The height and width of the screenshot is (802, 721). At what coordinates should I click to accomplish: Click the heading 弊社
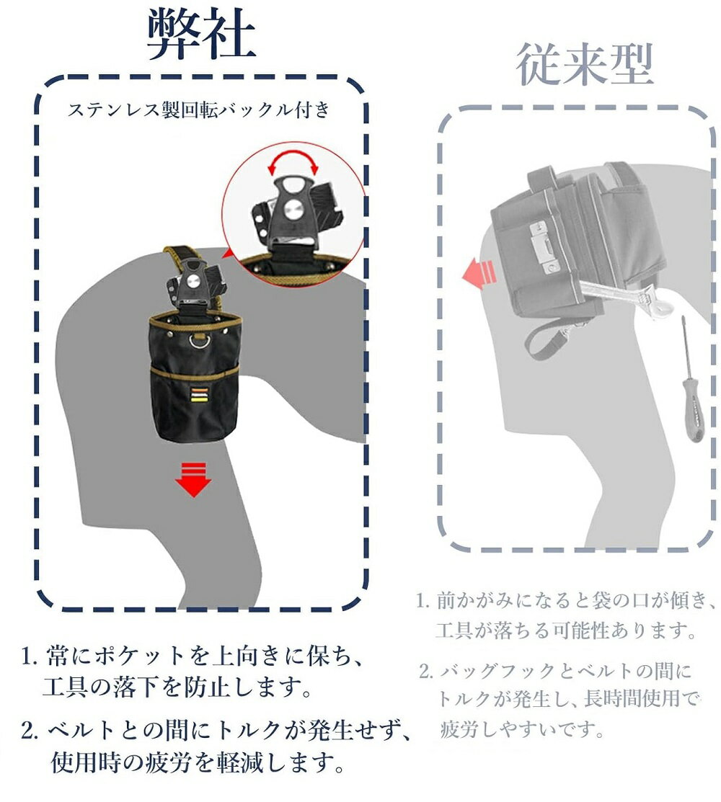click(201, 35)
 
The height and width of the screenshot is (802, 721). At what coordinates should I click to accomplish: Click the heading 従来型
click(585, 65)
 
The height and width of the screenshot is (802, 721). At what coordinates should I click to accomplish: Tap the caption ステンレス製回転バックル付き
click(199, 110)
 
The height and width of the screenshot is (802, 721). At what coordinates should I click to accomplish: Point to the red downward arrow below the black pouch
click(193, 479)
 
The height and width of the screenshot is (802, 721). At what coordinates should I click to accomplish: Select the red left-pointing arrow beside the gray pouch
click(479, 273)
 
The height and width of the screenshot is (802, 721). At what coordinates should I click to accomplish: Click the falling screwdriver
click(691, 378)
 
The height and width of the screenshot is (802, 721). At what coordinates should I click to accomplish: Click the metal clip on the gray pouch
click(544, 246)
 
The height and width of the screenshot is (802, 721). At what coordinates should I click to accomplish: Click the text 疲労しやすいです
click(523, 729)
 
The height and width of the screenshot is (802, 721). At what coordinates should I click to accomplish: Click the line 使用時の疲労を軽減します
click(198, 762)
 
